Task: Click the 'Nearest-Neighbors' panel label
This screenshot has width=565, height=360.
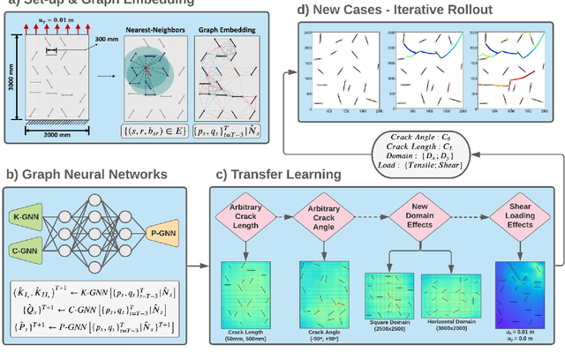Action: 158,26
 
